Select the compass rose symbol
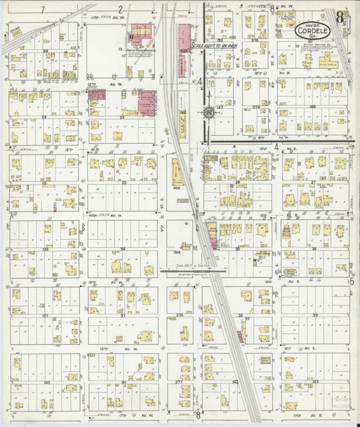208,113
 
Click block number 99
45,51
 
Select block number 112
43,116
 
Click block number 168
312,106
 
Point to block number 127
45,316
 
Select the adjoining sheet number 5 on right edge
351,280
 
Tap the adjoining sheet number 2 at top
120,9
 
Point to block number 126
45,249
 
